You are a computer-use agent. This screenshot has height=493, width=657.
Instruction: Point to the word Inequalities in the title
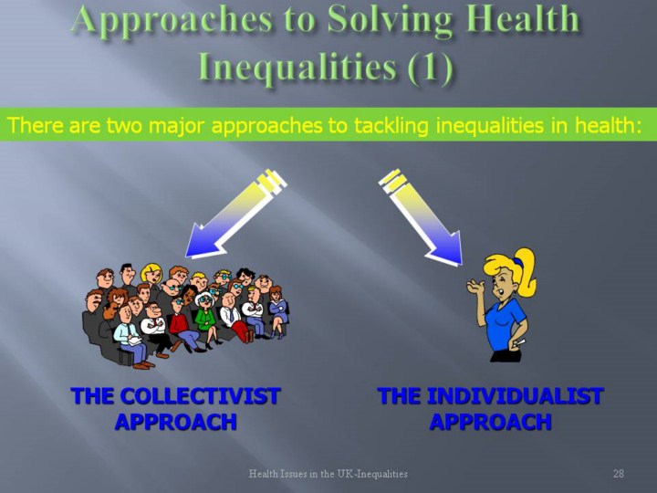(x=297, y=67)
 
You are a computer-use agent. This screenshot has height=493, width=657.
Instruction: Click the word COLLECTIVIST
(x=200, y=395)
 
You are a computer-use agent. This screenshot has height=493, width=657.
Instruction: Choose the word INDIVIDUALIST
(x=515, y=395)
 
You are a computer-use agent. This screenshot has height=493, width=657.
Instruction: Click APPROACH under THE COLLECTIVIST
(x=176, y=421)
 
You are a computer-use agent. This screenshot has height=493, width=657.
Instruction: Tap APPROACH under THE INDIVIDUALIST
(x=490, y=421)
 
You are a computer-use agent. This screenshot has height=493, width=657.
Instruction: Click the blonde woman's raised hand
(x=475, y=288)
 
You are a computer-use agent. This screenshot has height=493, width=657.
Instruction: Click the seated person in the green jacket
(x=205, y=320)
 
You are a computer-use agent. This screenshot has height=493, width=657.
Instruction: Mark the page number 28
(x=619, y=474)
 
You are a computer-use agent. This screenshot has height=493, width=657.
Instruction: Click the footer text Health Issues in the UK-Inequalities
(x=328, y=474)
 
